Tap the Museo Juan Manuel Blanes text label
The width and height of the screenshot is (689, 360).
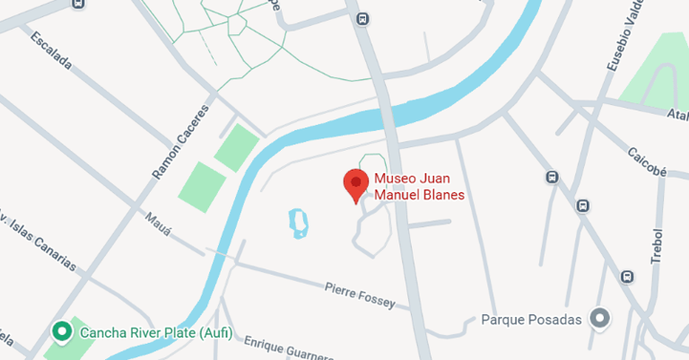(418, 186)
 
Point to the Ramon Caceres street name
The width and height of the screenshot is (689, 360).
(180, 142)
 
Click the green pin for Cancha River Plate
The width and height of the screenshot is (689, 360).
(62, 333)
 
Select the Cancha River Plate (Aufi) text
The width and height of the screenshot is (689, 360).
(156, 333)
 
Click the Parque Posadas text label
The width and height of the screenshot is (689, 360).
(532, 319)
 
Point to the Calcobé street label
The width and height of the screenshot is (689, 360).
(645, 162)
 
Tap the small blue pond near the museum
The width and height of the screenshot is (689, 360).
(297, 223)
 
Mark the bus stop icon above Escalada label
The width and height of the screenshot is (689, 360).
(78, 4)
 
